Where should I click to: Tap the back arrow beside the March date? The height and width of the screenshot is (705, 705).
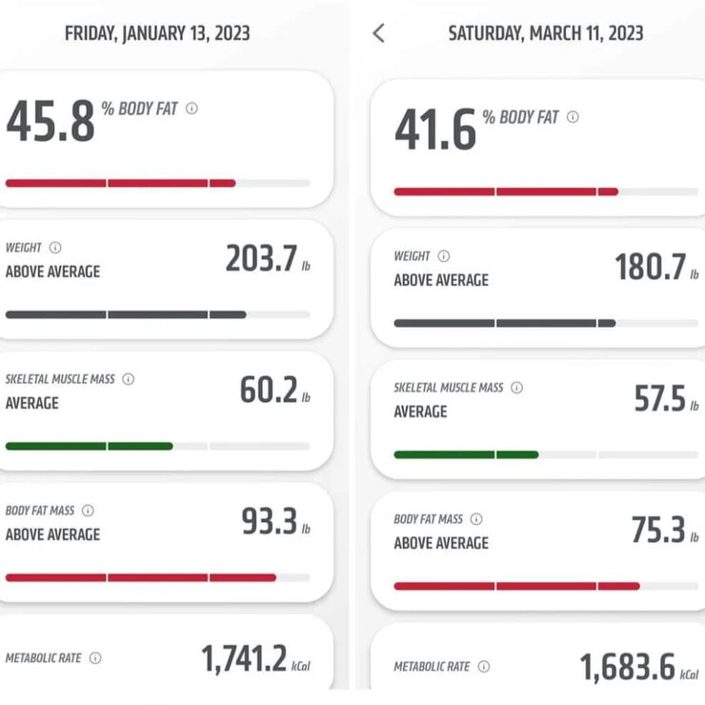coord(378,33)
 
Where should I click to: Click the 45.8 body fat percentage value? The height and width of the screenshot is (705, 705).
coord(50,120)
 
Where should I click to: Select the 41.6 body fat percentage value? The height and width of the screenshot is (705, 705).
coord(435,129)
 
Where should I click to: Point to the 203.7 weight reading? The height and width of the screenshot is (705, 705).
coord(261,258)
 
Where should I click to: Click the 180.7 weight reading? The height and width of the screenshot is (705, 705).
coord(650,267)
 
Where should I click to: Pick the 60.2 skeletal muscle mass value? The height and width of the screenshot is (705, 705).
coord(269,390)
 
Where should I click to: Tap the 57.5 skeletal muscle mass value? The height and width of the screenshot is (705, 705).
coord(659,398)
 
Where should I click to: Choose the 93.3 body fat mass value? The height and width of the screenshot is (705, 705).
coord(270,521)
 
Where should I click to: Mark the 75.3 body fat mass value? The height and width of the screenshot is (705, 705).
coord(658,529)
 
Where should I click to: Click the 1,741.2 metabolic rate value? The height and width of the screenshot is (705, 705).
coord(244,658)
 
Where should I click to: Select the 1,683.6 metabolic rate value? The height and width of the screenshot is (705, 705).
coord(628,667)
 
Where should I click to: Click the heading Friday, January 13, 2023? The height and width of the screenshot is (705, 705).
coord(157,33)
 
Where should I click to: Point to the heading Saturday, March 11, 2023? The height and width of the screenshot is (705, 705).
coord(546,33)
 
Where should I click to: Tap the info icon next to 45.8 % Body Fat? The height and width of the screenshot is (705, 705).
coord(192,109)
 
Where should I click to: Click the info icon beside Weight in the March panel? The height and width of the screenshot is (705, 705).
coord(444,256)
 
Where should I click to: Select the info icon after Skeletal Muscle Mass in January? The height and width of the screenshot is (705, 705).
coord(129,379)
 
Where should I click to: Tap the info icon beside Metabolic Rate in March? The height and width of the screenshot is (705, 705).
coord(484,666)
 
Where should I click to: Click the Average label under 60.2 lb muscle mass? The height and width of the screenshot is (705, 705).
coord(32,403)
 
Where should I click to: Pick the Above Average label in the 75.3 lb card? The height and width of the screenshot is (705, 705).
coord(441,543)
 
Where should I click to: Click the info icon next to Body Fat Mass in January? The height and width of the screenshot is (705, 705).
coord(88,511)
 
